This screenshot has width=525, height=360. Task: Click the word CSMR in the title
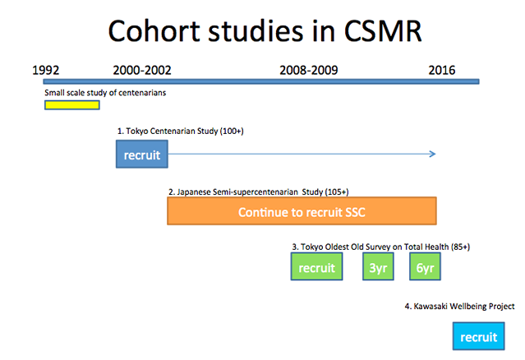383,31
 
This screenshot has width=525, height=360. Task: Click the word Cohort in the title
154,30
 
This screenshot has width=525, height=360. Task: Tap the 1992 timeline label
45,71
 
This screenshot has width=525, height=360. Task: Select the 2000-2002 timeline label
142,71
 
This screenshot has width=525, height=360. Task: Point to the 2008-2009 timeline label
309,71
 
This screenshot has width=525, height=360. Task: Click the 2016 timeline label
442,71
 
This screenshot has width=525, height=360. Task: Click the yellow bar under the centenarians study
72,105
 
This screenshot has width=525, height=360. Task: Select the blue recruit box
142,154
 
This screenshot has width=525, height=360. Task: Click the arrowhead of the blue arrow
433,154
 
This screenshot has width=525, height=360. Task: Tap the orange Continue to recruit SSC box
302,211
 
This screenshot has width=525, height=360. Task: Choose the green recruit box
317,266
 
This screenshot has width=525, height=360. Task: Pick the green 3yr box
378,266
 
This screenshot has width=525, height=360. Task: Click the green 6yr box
425,266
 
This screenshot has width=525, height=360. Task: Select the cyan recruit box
478,336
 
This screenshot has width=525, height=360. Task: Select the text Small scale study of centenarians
105,93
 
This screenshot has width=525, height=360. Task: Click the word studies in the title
256,31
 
